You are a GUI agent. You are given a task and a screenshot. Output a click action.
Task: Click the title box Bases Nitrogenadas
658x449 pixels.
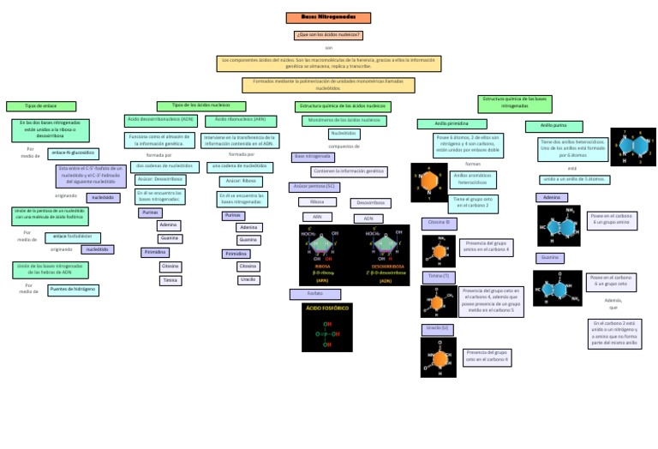pos(328,17)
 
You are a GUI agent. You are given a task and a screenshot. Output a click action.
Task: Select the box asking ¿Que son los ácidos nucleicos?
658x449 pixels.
pos(328,35)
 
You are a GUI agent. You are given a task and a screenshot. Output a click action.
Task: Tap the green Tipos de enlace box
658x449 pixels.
pos(41,106)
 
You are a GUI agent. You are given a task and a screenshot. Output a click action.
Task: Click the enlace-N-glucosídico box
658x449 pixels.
pos(72,153)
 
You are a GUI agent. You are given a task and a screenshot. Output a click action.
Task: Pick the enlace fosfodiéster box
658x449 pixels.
pos(73,237)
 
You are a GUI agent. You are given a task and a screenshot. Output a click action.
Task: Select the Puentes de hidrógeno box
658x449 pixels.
pos(73,290)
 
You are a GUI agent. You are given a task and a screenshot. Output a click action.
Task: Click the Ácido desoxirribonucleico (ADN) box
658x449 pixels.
pos(160,120)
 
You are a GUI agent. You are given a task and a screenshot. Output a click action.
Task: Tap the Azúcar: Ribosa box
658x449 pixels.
pos(240,181)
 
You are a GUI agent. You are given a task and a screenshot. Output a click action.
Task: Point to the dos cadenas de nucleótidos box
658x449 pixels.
pos(164,165)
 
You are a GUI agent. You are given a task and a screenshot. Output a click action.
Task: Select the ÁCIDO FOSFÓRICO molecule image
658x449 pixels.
pos(326,327)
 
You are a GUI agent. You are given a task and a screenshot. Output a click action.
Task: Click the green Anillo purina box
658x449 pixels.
pos(553,126)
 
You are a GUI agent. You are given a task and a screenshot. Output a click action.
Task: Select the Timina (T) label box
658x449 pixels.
pos(438,277)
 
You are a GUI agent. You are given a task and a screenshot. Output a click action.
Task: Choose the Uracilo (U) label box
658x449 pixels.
pos(436,328)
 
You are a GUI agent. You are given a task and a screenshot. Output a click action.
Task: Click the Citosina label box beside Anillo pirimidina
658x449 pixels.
pos(439,223)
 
